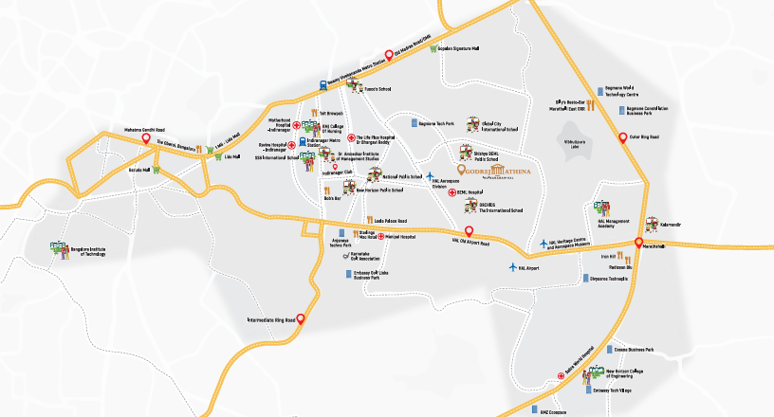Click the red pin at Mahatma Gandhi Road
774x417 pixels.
pyautogui.click(x=146, y=140)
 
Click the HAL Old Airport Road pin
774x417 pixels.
pyautogui.click(x=469, y=231)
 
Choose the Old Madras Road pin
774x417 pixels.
pyautogui.click(x=388, y=55)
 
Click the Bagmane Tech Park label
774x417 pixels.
pyautogui.click(x=436, y=124)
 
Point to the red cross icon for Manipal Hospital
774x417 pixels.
pyautogui.click(x=380, y=236)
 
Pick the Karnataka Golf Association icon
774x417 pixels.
pyautogui.click(x=344, y=256)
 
